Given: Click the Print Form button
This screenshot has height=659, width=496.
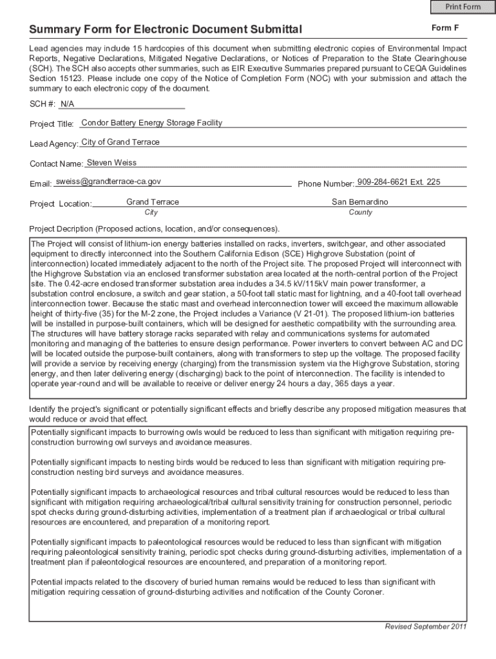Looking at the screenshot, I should [x=463, y=7].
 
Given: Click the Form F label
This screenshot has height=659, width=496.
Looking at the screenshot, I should [x=445, y=28].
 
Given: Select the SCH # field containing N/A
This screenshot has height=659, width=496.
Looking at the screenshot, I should [x=67, y=104].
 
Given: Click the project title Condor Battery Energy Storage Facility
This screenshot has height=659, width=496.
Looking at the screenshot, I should [x=151, y=122].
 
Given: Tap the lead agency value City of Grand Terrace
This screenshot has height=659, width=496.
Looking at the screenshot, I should [x=120, y=142].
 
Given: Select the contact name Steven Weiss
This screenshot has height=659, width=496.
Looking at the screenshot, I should [x=111, y=162].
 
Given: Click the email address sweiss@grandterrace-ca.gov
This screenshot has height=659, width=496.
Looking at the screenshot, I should [x=108, y=182].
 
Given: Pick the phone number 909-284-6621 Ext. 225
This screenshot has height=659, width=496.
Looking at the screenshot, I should [x=398, y=182].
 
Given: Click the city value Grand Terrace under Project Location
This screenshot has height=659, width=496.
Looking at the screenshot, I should [x=153, y=202].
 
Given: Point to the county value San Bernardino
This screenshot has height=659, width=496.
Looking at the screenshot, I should [x=360, y=202].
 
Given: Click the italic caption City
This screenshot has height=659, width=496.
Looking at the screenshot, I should [x=151, y=212].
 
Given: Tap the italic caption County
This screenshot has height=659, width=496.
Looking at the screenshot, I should [x=360, y=212].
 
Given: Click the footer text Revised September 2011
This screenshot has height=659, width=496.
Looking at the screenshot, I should [x=425, y=627].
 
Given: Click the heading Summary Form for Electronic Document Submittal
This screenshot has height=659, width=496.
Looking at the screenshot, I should [x=166, y=30].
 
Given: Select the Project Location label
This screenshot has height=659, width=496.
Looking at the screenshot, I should [x=61, y=204].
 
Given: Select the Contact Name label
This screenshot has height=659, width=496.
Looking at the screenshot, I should [x=57, y=164].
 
